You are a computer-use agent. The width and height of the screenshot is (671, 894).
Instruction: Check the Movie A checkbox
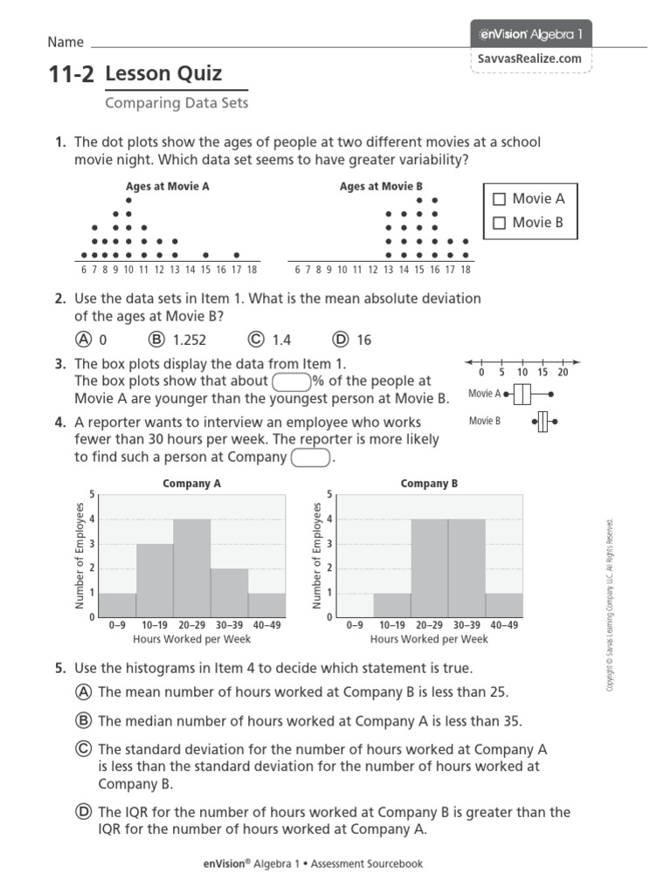(x=499, y=199)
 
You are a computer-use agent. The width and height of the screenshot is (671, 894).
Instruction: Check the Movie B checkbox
(x=499, y=223)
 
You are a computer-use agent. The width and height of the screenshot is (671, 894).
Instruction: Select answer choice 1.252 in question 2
(x=157, y=340)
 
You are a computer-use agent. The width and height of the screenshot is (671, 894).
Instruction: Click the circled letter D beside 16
(x=341, y=340)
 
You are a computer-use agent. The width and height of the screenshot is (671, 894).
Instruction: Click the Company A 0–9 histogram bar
(x=117, y=605)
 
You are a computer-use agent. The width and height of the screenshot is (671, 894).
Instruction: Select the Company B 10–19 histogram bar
(x=392, y=605)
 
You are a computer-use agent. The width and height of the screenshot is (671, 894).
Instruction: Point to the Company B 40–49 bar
(x=504, y=605)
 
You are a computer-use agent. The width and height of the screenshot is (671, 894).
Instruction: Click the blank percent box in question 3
(x=292, y=382)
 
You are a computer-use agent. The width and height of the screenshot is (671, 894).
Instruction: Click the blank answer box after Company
(x=310, y=457)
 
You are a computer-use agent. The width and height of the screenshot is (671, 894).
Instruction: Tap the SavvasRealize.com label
(x=529, y=58)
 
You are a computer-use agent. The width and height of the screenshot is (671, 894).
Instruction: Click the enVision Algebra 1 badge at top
(x=531, y=34)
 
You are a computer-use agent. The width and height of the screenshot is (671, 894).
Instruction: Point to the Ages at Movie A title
(x=168, y=186)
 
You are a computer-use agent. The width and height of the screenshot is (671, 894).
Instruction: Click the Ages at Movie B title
(x=381, y=186)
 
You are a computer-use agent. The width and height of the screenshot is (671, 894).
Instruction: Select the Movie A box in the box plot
(x=522, y=395)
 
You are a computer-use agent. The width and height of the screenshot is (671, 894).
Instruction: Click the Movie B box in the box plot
(x=543, y=422)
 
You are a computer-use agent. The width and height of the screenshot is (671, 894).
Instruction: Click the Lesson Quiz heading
(x=163, y=74)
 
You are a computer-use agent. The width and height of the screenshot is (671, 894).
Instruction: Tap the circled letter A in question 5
(x=84, y=692)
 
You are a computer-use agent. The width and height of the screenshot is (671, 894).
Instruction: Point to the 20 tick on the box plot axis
(x=563, y=372)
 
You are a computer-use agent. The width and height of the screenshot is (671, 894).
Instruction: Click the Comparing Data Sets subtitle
(x=176, y=103)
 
